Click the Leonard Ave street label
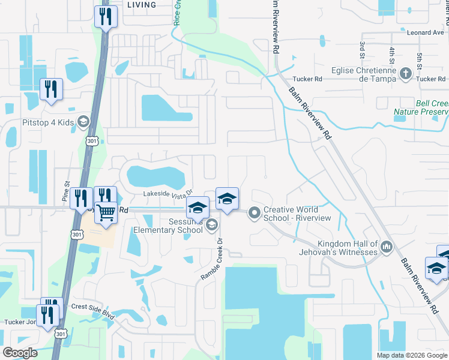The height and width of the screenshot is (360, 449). [x=426, y=33]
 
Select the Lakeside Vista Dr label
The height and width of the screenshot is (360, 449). [x=167, y=193]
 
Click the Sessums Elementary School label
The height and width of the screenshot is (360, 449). [x=168, y=226]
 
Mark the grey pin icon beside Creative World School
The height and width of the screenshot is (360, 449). [x=255, y=211]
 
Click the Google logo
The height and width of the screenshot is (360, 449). [x=19, y=353]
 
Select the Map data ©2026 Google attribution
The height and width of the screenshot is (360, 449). [x=412, y=355]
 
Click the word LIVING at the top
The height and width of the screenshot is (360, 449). [x=142, y=5]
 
